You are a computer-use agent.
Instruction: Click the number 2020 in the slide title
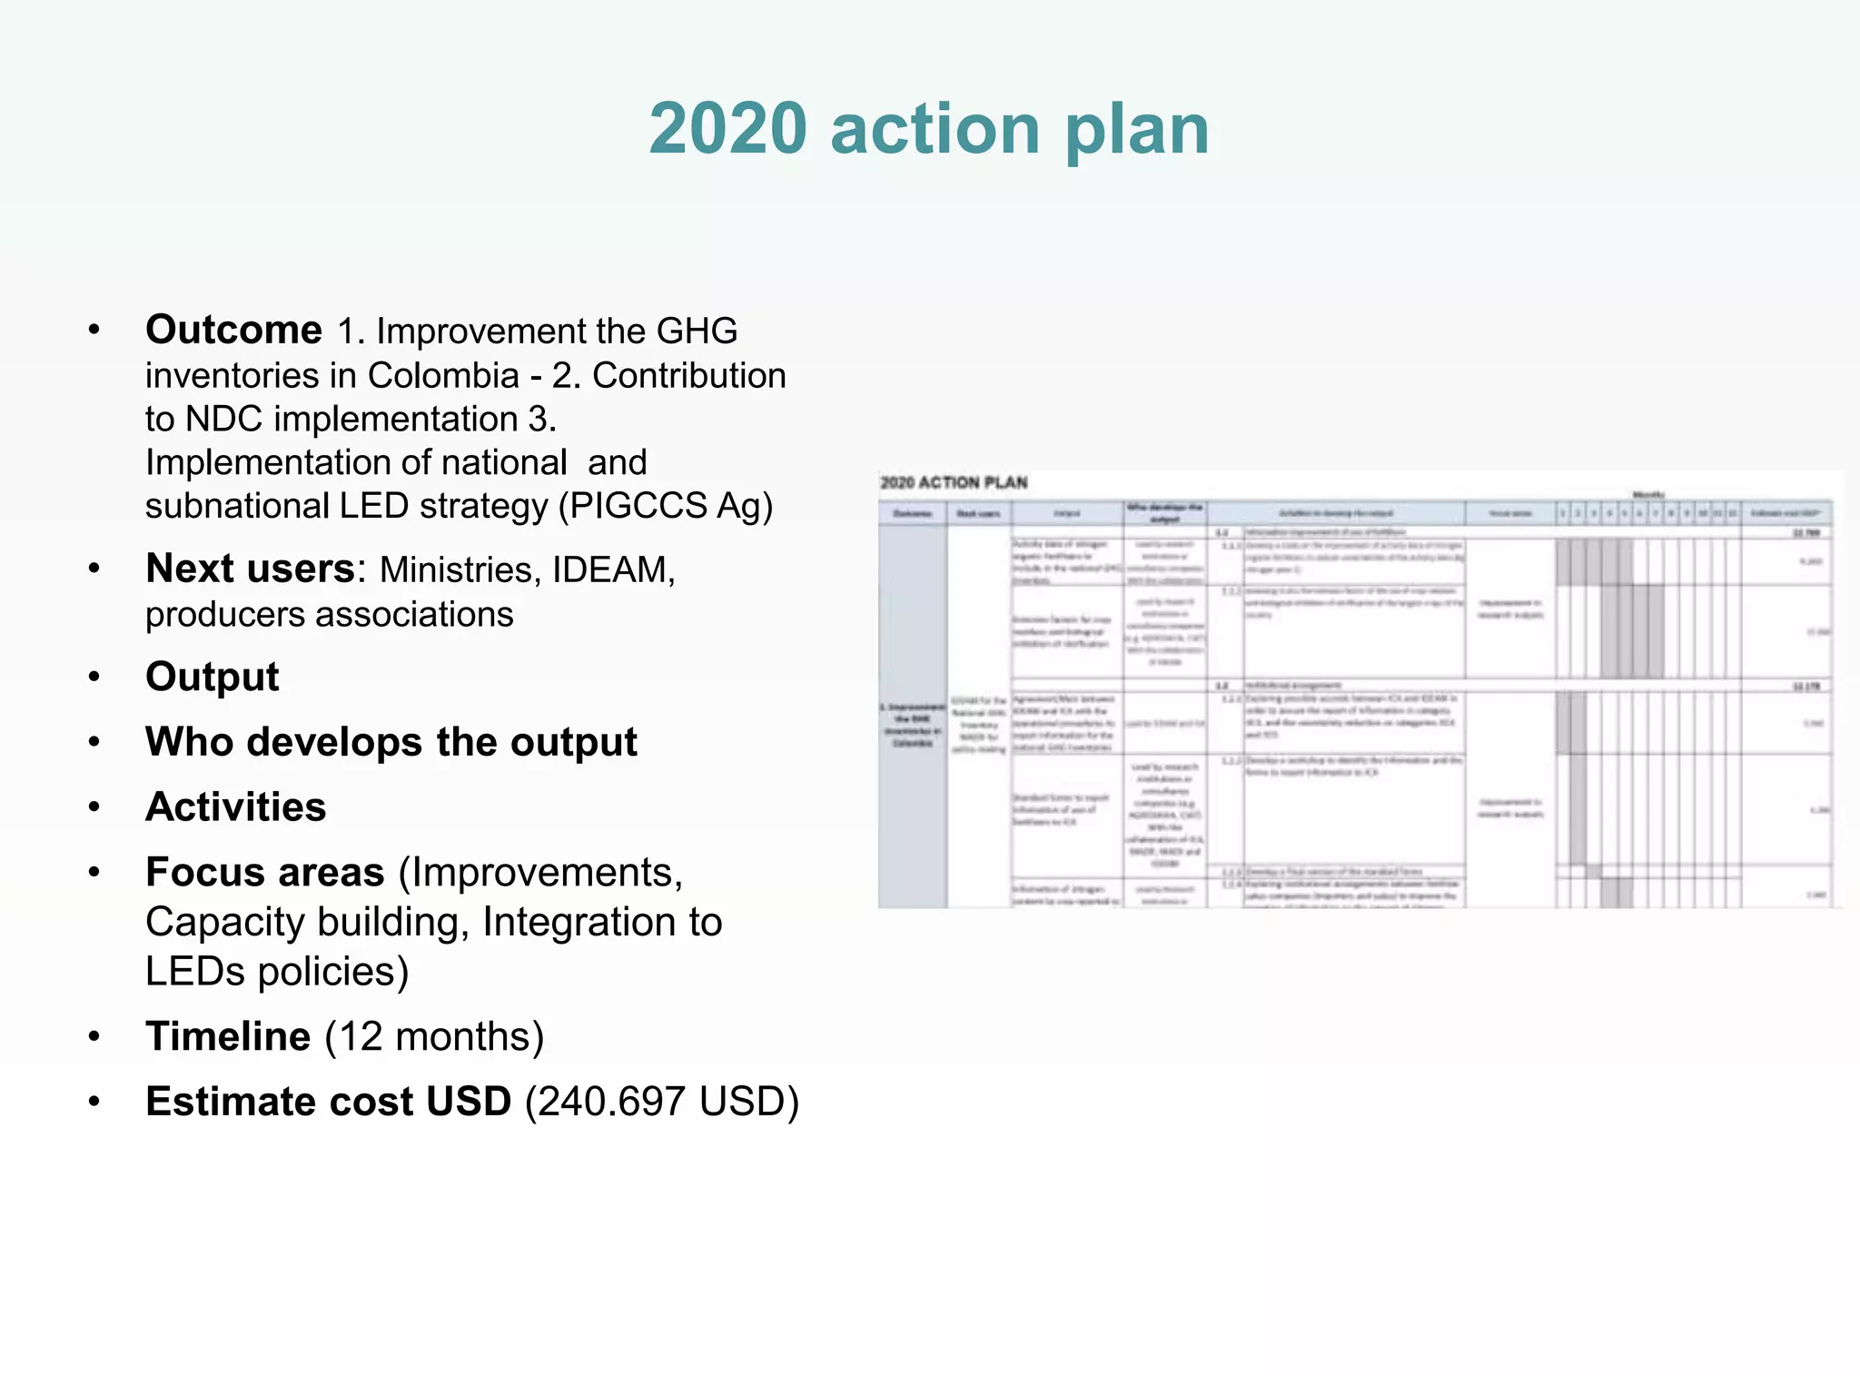(x=727, y=129)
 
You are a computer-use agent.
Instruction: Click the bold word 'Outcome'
(x=233, y=330)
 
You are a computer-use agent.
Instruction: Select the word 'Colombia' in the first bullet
(x=443, y=375)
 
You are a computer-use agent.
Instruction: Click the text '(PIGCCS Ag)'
(x=665, y=506)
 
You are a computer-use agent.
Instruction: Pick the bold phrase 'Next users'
(x=250, y=569)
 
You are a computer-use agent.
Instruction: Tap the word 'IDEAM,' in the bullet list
(x=614, y=569)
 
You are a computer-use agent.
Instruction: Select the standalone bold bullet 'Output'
(x=213, y=677)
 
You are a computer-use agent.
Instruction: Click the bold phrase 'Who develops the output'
(x=391, y=742)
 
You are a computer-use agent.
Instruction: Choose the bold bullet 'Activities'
(x=236, y=806)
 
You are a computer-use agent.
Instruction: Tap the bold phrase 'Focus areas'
(x=265, y=872)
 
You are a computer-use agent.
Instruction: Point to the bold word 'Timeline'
(x=228, y=1036)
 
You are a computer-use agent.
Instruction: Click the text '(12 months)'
(x=434, y=1036)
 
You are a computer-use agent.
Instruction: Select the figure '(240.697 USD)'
(x=662, y=1102)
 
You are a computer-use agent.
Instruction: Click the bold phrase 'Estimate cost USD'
(x=329, y=1102)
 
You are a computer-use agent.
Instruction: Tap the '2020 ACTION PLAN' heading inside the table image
(x=954, y=482)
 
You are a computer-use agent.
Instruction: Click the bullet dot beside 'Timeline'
(x=94, y=1036)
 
